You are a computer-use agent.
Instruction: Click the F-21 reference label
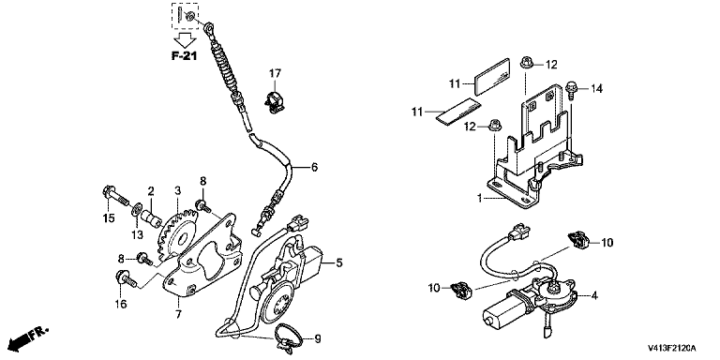pos(185,56)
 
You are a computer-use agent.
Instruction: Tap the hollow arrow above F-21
pos(185,39)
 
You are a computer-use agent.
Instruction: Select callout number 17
pos(275,73)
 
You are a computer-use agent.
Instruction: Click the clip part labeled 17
pos(274,102)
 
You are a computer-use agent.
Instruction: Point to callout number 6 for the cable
pos(314,168)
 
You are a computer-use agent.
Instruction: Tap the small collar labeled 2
pos(153,219)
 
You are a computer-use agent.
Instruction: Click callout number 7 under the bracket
pos(178,315)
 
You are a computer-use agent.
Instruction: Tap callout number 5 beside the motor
pos(338,263)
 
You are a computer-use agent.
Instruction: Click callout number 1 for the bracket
pos(479,199)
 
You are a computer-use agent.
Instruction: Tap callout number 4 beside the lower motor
pos(594,296)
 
